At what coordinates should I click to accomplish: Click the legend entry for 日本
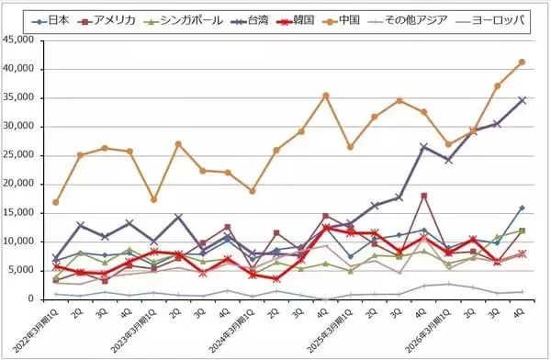point(48,19)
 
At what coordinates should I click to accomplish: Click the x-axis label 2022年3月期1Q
point(37,329)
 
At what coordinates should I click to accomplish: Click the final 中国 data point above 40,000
point(522,62)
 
